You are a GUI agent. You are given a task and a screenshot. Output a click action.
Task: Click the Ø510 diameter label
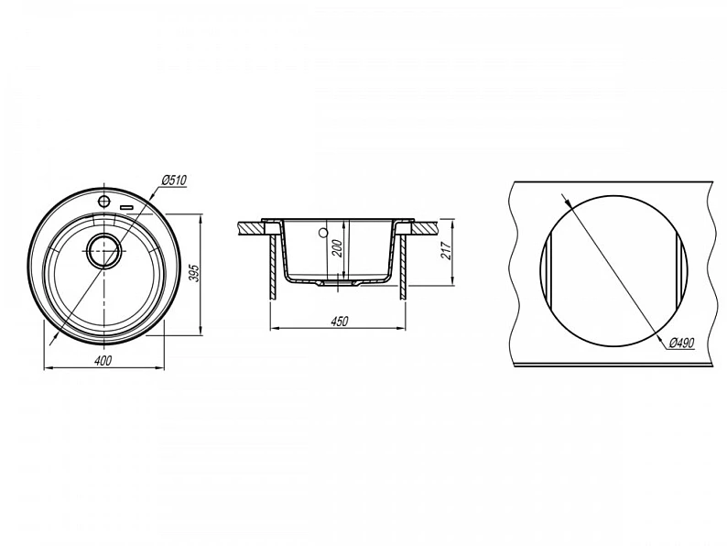coord(174,179)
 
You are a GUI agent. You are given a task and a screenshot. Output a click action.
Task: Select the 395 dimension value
coord(194,274)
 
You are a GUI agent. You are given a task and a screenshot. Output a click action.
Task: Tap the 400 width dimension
coord(103,360)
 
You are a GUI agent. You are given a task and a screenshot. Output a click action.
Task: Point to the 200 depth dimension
coord(338,249)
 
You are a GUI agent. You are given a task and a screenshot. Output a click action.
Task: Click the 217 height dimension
coord(447,251)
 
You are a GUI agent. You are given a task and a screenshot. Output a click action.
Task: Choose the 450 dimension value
coord(339,321)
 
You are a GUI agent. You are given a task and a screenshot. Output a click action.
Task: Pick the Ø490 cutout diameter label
coord(681,343)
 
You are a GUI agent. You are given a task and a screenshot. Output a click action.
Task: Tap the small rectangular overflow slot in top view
coord(126,207)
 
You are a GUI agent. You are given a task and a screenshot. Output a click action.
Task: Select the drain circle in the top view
coord(104,250)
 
